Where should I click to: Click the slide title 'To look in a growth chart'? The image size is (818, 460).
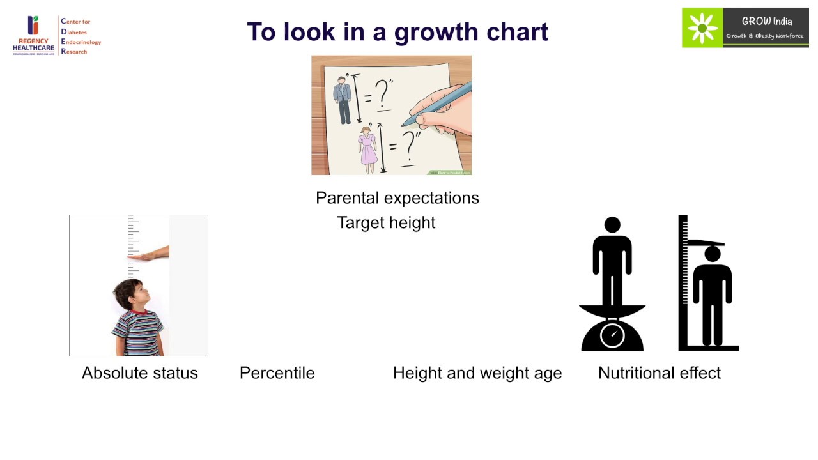coord(397,31)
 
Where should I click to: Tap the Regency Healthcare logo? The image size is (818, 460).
coord(33,35)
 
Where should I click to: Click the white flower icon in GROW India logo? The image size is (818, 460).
coord(702,28)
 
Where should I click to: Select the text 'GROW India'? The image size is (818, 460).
coord(766,21)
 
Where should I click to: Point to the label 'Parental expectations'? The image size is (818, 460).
coord(397,198)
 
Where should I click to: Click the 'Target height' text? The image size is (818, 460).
coord(386,223)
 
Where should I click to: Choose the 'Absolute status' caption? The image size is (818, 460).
coord(140,373)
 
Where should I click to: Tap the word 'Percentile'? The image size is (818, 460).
coord(277,373)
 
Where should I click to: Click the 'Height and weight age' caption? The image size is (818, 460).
coord(477,373)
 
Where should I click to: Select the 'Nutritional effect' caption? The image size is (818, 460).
coord(659,373)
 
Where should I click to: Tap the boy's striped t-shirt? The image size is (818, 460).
coord(137,332)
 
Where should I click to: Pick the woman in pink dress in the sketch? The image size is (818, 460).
coord(367,149)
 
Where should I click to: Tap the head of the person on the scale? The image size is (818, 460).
coord(612,225)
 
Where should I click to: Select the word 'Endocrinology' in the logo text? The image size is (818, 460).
coord(81,42)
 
